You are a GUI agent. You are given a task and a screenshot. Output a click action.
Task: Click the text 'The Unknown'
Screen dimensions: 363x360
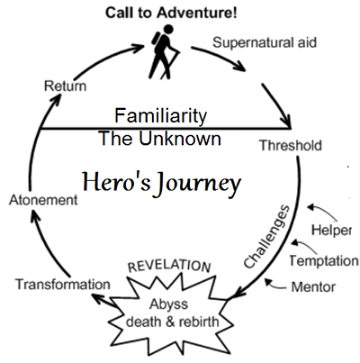[x=160, y=141]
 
